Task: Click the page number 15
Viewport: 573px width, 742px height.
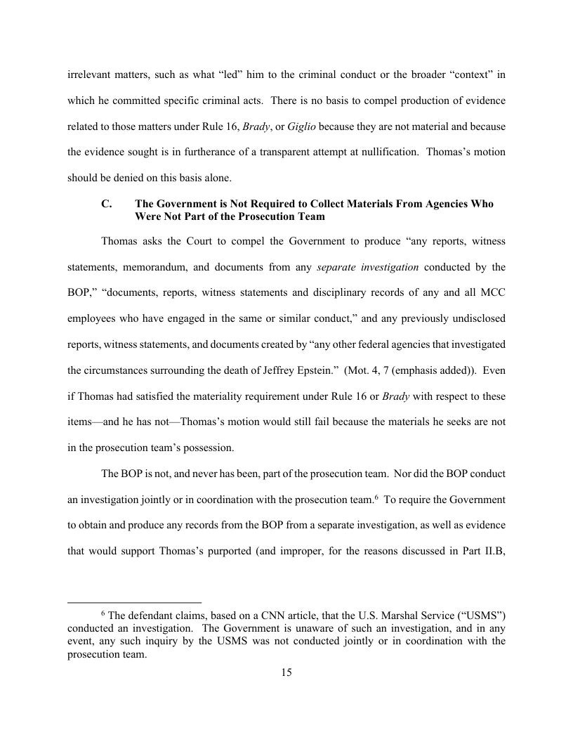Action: point(286,672)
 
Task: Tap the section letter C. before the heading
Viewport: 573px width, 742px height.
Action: point(107,204)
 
